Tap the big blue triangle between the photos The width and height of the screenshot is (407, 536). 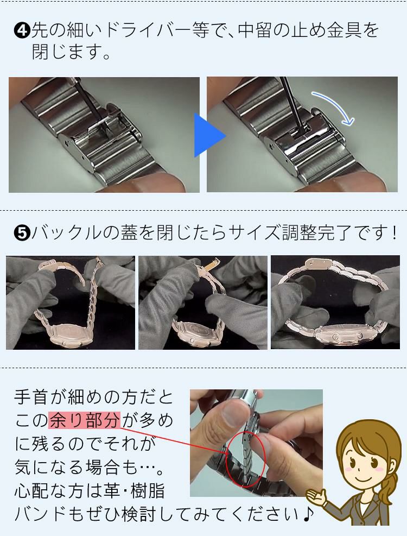[209, 135]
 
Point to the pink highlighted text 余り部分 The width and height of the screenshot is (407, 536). [84, 420]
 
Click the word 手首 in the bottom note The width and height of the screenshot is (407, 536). [36, 397]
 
